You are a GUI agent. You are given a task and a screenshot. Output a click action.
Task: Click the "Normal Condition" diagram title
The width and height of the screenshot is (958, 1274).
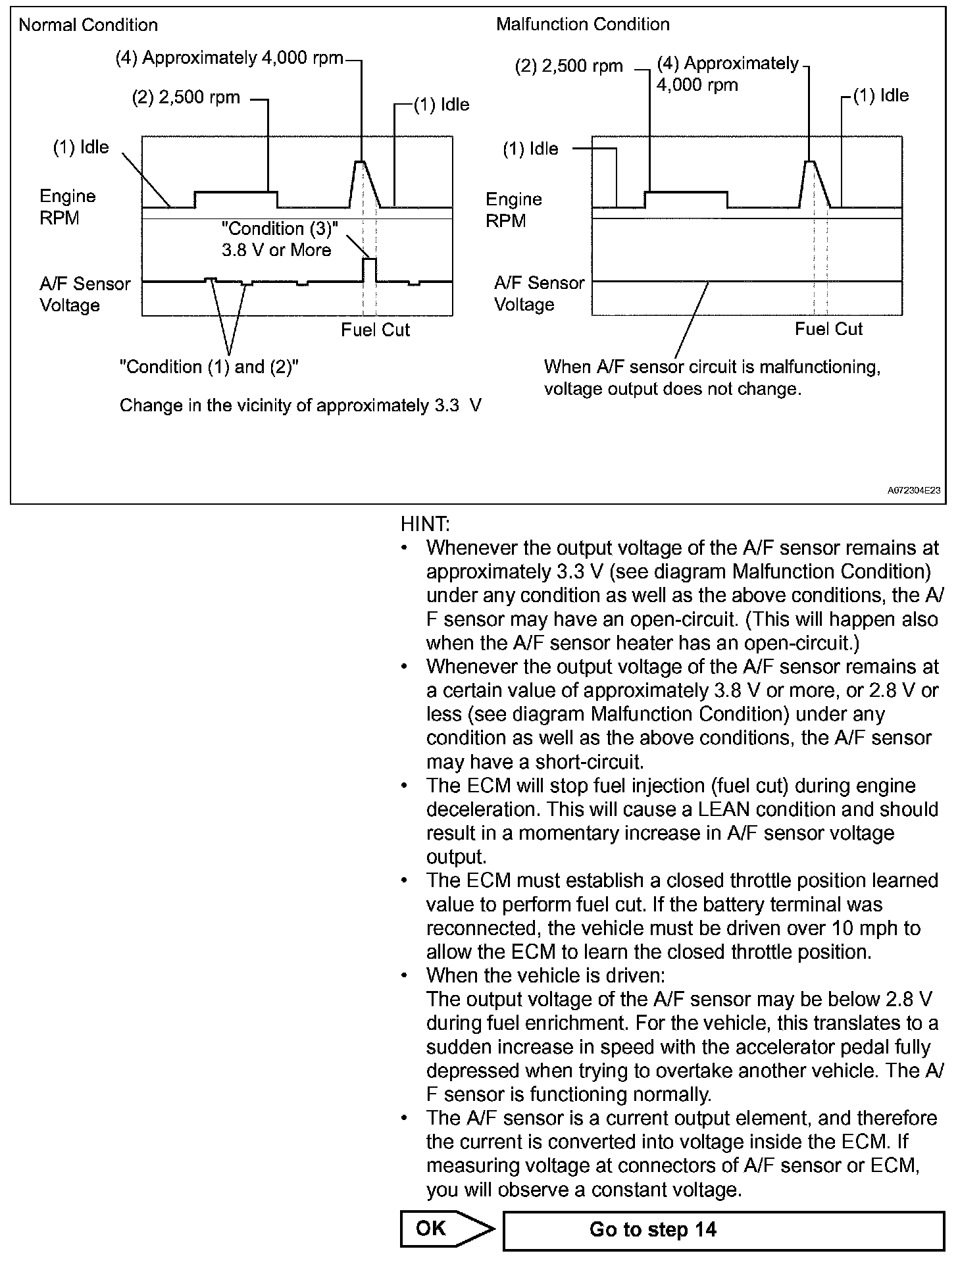click(88, 25)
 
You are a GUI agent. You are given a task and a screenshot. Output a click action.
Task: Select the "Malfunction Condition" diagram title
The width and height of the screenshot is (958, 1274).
click(582, 24)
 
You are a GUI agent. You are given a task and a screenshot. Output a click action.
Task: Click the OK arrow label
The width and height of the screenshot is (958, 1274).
click(432, 1228)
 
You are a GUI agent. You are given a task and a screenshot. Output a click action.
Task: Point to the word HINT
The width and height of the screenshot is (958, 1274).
click(425, 524)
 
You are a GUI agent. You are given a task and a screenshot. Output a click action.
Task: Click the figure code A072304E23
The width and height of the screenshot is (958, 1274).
click(913, 490)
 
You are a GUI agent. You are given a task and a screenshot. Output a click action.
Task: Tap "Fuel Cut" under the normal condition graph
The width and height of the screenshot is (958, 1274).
click(375, 330)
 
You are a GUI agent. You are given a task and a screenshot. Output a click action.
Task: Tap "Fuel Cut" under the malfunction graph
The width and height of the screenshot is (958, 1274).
click(828, 329)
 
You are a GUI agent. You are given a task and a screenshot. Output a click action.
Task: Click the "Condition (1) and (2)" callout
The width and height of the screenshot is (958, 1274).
click(209, 367)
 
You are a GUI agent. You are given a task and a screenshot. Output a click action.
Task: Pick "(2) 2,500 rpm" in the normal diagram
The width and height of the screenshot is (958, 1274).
click(186, 98)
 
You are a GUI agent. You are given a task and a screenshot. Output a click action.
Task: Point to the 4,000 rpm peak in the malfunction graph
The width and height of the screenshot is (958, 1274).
click(811, 163)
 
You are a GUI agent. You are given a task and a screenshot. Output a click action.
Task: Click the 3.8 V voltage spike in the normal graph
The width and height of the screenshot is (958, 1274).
click(370, 261)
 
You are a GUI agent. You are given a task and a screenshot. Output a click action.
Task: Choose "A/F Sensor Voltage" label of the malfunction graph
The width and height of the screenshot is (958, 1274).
click(539, 293)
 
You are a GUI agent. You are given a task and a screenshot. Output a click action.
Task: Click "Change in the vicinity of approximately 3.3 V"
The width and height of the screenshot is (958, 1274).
click(300, 405)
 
